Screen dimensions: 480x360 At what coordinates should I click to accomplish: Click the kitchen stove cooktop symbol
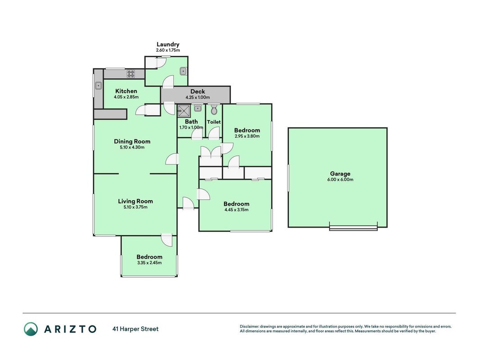click(131, 73)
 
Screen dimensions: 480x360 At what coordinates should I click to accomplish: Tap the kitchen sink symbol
click(98, 85)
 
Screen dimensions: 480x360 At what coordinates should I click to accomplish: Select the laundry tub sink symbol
click(183, 72)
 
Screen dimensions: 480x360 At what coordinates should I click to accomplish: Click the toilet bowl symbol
click(214, 109)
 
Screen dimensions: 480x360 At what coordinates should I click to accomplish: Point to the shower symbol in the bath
click(184, 111)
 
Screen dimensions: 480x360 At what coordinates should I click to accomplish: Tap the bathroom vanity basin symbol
click(198, 108)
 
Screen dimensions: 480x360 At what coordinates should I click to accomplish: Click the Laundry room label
click(168, 45)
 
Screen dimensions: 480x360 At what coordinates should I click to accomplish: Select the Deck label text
click(198, 91)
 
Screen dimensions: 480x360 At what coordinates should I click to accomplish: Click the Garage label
click(340, 174)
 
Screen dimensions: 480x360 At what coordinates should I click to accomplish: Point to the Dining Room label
click(132, 141)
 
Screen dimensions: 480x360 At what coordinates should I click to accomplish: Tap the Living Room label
click(135, 201)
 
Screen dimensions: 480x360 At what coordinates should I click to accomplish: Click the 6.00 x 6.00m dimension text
click(340, 180)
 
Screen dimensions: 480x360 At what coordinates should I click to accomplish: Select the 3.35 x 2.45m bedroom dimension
click(149, 263)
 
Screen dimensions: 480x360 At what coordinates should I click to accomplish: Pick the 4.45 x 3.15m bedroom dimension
click(236, 210)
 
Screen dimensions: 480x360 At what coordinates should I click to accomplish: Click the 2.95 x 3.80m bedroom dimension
click(247, 136)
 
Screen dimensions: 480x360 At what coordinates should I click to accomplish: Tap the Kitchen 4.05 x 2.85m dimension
click(126, 97)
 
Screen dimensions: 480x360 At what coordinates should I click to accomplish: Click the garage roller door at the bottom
click(353, 228)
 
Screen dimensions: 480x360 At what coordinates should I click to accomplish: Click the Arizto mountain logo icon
click(31, 329)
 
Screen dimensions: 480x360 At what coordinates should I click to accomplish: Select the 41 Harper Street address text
click(135, 329)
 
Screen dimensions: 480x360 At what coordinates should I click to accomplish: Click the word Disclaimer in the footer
click(249, 327)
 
